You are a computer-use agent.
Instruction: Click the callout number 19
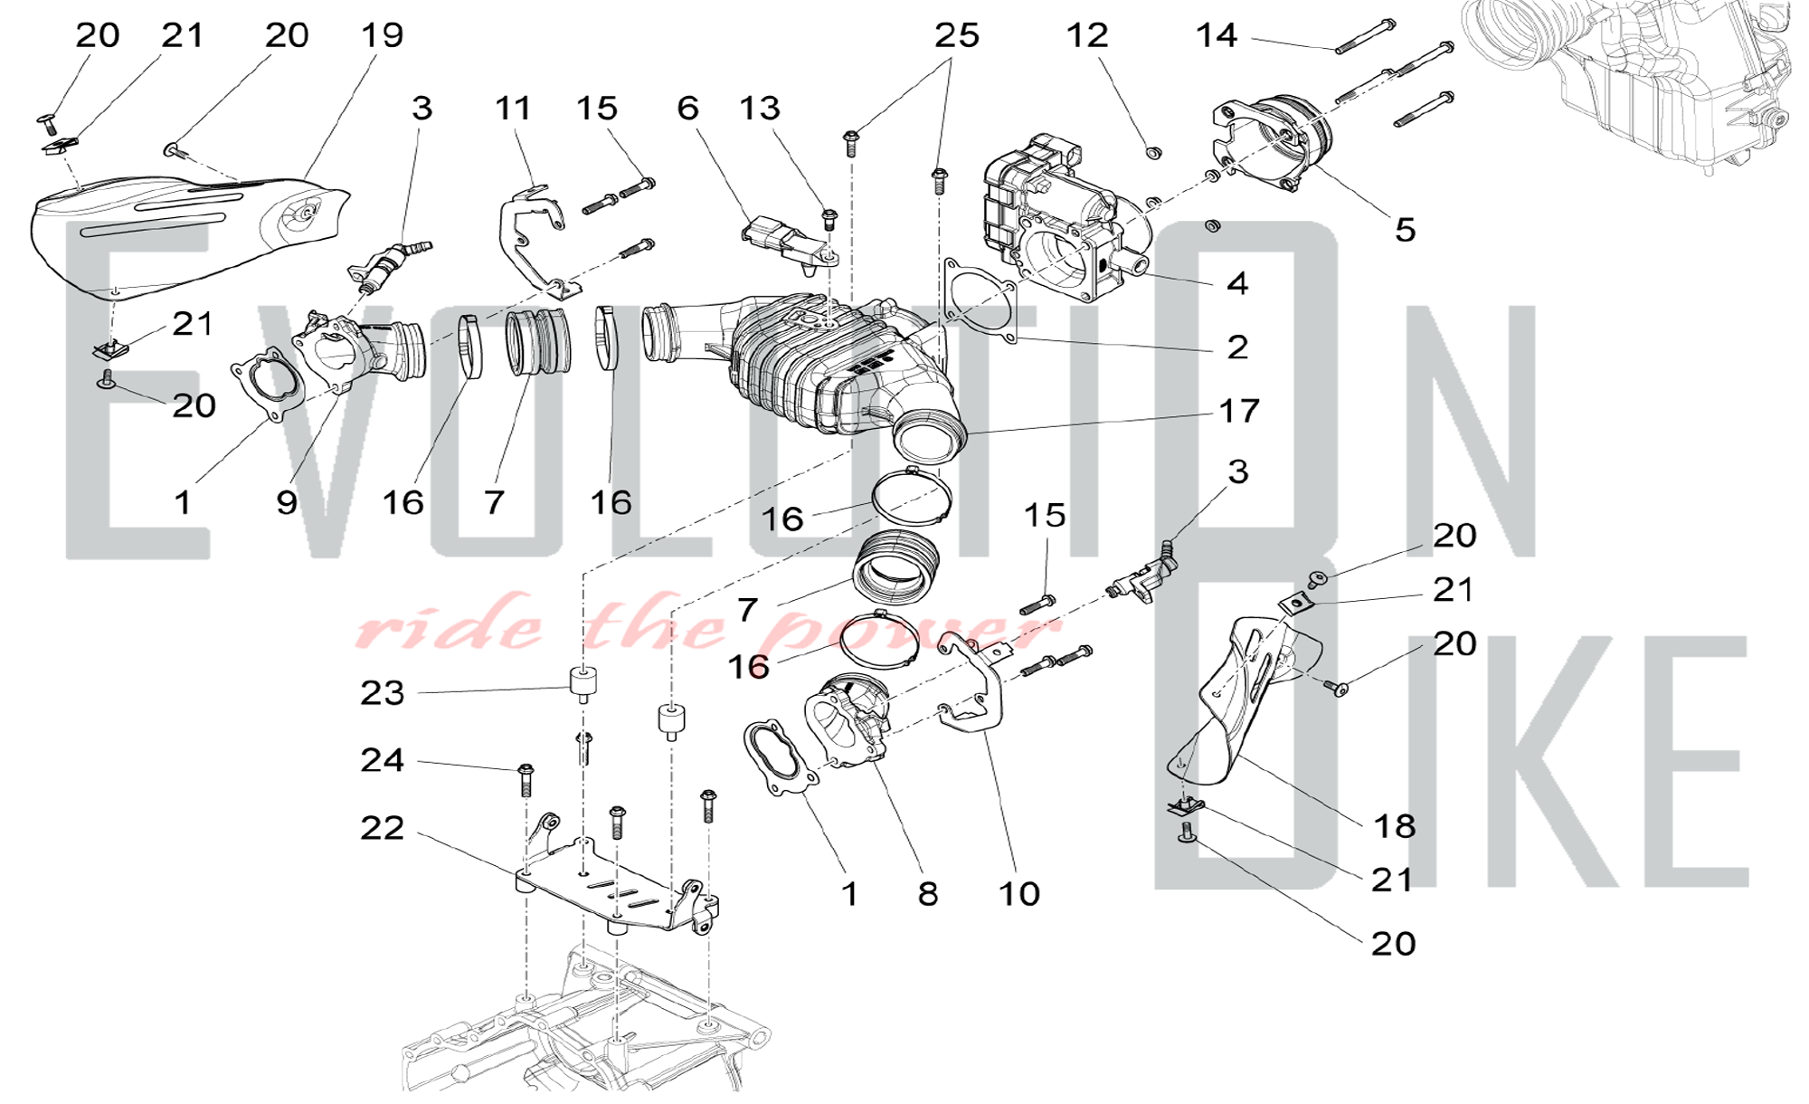coord(382,35)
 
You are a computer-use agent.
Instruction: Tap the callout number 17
coord(1238,411)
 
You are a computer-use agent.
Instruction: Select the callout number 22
coord(382,828)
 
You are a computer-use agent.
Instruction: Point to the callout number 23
coord(382,693)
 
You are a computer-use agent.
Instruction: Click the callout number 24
coord(382,760)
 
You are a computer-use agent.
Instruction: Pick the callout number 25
coord(957,35)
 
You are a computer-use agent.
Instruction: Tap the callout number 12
coord(1086,35)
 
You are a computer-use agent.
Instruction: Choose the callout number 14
coord(1217,35)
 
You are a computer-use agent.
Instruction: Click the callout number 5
coord(1405,230)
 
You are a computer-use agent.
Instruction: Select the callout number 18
coord(1394,825)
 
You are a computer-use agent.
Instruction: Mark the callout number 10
coord(1018,894)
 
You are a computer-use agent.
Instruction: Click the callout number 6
coord(687,109)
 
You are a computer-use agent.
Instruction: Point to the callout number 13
coord(759,109)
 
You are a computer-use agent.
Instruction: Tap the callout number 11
coord(513,109)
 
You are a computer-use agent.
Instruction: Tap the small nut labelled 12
coord(1153,153)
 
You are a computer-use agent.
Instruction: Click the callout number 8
coord(928,894)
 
